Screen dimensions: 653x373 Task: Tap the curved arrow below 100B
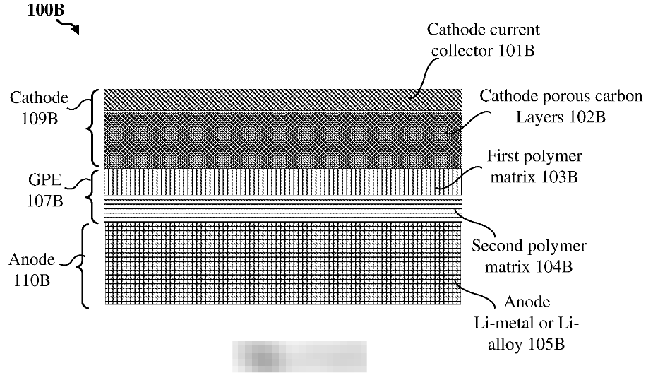(69, 26)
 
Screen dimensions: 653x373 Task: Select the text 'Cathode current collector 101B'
(483, 40)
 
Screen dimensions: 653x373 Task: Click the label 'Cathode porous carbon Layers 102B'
(561, 105)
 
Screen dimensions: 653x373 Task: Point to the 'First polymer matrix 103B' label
(535, 165)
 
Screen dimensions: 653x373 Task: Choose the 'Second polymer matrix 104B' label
(529, 256)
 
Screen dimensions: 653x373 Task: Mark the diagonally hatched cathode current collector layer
(282, 100)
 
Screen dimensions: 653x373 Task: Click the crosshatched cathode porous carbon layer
(282, 138)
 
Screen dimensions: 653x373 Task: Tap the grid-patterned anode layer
(282, 262)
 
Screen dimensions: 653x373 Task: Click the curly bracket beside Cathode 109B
(89, 127)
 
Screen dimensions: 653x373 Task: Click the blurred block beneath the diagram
(299, 355)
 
